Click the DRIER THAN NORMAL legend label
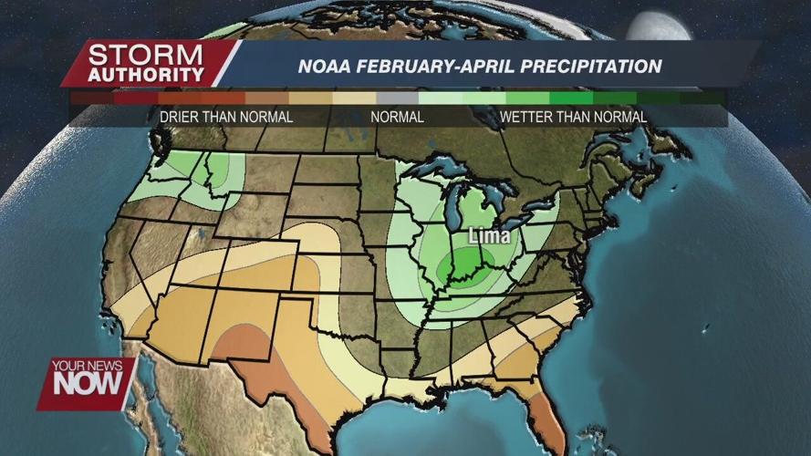[x=226, y=117]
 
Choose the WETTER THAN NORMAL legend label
[x=573, y=117]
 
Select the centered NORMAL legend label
[x=397, y=117]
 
